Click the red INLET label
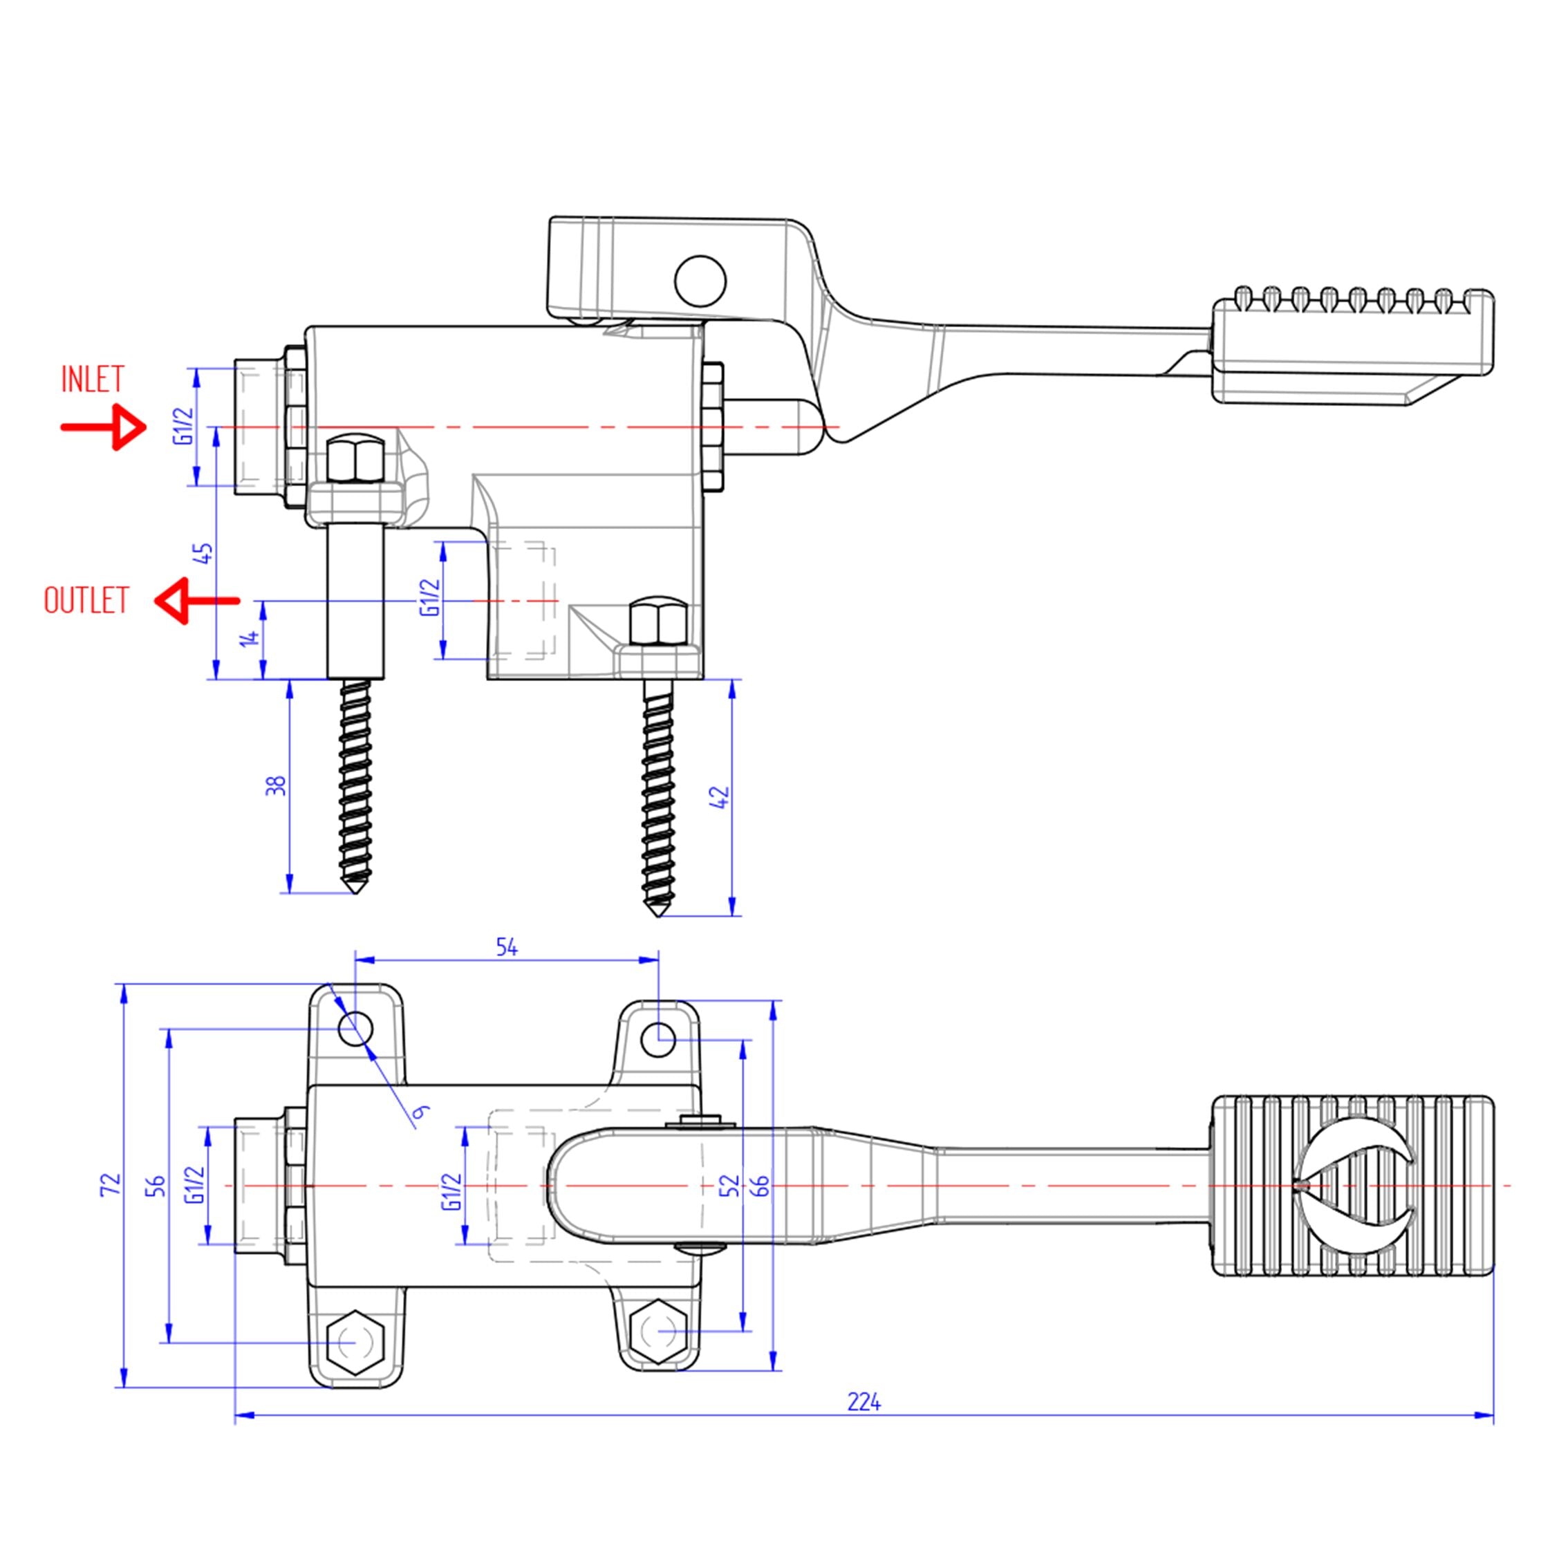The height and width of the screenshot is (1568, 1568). coord(93,380)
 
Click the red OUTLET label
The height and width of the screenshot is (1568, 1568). coord(86,601)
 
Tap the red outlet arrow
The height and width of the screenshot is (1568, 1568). coord(196,601)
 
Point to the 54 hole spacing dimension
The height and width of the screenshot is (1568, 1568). coord(507,947)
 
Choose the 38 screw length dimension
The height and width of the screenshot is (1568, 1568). coord(277,785)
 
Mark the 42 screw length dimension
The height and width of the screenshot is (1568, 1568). coord(723,797)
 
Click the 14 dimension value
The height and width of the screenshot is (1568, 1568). coord(252,638)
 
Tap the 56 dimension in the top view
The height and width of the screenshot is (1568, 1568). coord(158,1185)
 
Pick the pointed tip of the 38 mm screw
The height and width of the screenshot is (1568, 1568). coord(355,891)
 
